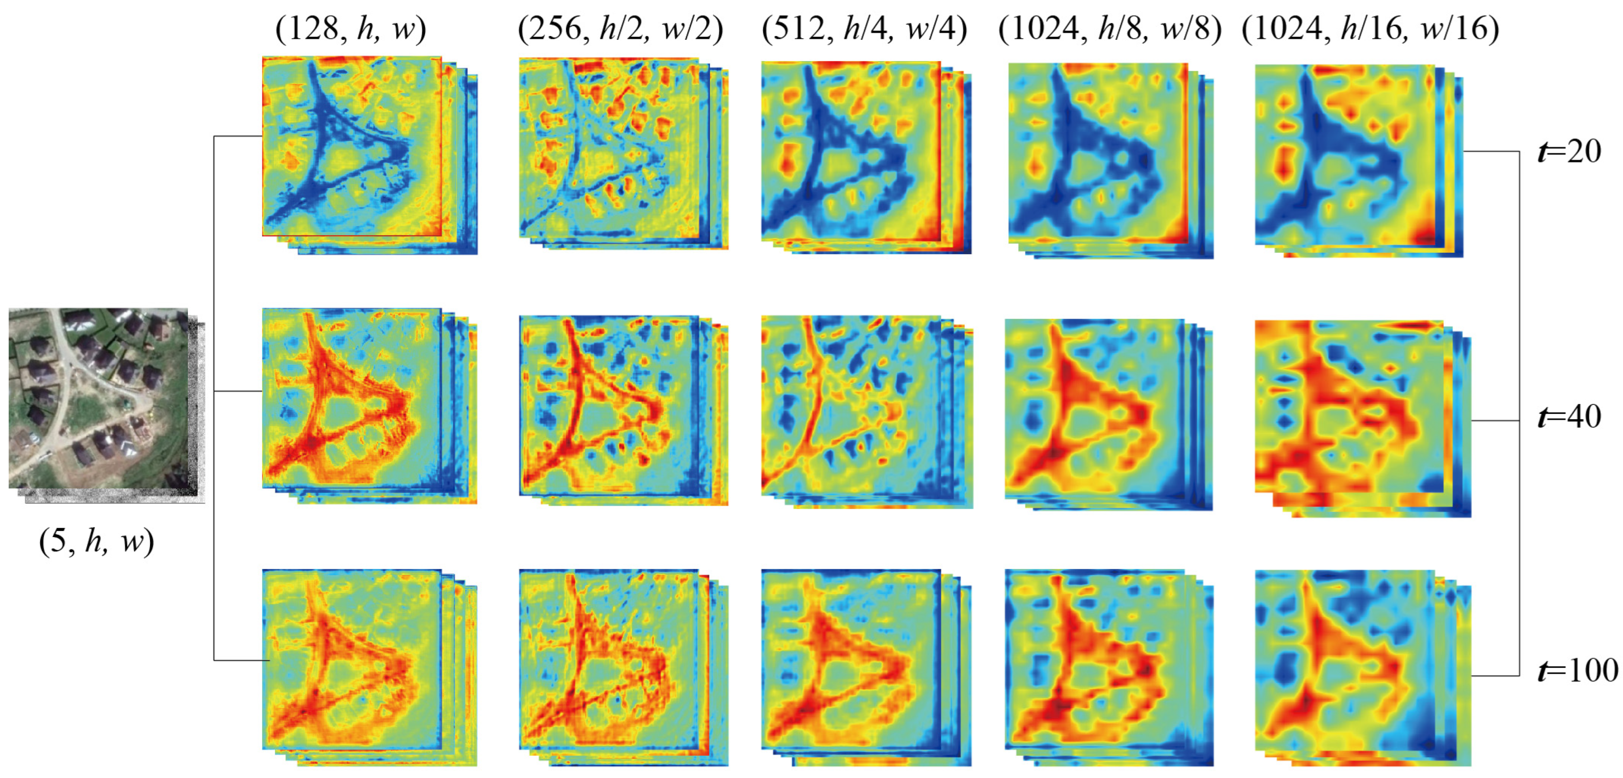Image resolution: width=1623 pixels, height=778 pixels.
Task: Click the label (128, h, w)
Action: (350, 29)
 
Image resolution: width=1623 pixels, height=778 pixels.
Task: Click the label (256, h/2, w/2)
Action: (620, 29)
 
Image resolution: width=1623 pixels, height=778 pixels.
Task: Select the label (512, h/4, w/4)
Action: (864, 29)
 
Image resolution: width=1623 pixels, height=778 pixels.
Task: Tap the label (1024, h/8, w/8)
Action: (1109, 29)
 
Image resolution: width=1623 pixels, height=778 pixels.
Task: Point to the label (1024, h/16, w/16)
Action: (1370, 29)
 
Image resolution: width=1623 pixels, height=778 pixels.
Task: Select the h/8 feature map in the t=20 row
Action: (1098, 153)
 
